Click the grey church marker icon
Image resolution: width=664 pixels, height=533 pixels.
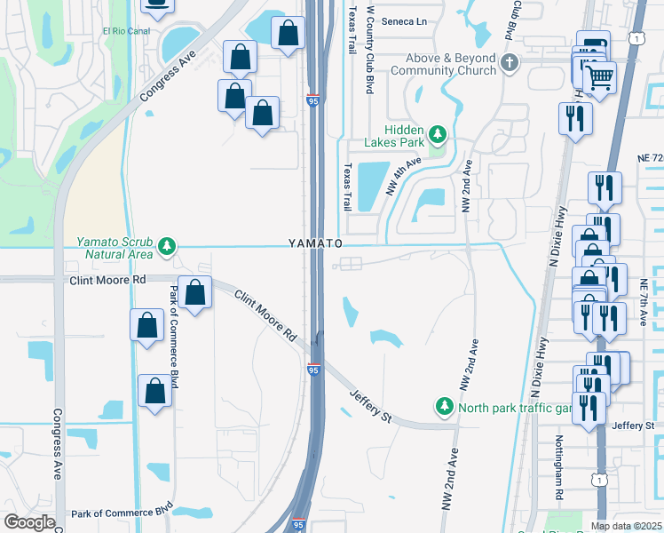(x=509, y=62)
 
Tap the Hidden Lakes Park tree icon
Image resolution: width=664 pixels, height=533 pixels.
(x=437, y=135)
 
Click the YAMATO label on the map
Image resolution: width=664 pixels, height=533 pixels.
(x=315, y=243)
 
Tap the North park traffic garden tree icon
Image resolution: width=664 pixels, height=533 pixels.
(x=444, y=407)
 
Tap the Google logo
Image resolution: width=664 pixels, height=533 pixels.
(x=29, y=522)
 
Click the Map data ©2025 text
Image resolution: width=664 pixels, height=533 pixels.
(x=626, y=526)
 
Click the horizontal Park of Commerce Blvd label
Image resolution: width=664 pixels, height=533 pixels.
(x=122, y=513)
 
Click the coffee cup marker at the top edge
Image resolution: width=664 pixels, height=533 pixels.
(x=157, y=4)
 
